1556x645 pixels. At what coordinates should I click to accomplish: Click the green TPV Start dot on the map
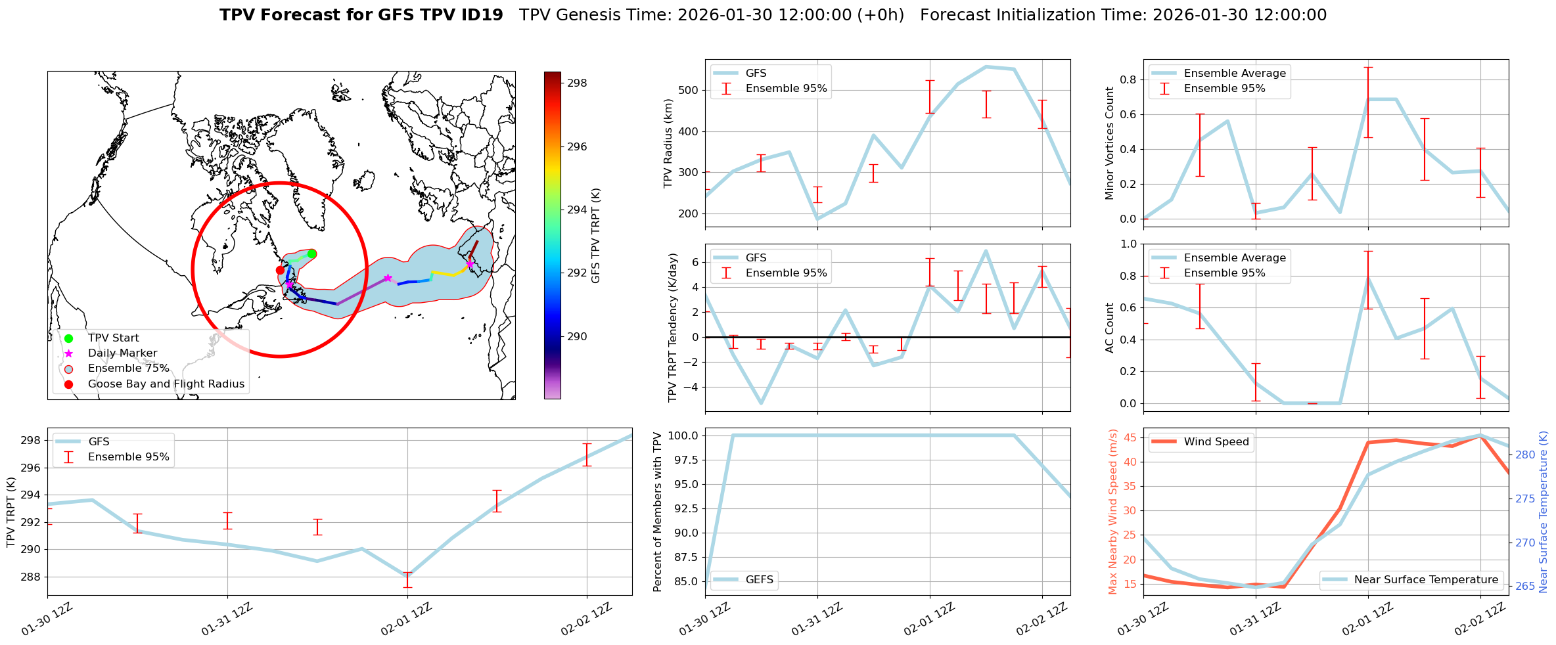[312, 254]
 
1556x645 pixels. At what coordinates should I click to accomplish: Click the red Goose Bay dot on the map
[280, 270]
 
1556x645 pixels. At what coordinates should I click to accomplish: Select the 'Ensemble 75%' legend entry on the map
[128, 368]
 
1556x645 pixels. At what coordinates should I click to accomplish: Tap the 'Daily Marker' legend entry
[122, 353]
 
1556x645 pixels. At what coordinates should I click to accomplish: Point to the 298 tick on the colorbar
[577, 83]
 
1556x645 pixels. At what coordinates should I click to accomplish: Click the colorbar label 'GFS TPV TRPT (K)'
[596, 236]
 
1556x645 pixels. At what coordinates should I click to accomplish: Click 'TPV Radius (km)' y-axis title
[668, 143]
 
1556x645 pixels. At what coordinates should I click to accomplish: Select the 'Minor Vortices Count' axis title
[1110, 143]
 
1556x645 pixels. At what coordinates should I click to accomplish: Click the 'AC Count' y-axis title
[1110, 328]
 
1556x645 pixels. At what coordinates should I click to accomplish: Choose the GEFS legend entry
[759, 580]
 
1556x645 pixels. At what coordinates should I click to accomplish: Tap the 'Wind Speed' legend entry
[1216, 442]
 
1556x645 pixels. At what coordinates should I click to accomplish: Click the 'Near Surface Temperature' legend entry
[1426, 580]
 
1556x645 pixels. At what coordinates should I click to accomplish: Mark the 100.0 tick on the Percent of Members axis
[684, 435]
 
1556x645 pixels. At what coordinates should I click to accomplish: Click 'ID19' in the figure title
[482, 15]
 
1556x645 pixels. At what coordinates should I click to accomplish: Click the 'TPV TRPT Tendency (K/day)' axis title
[672, 328]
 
